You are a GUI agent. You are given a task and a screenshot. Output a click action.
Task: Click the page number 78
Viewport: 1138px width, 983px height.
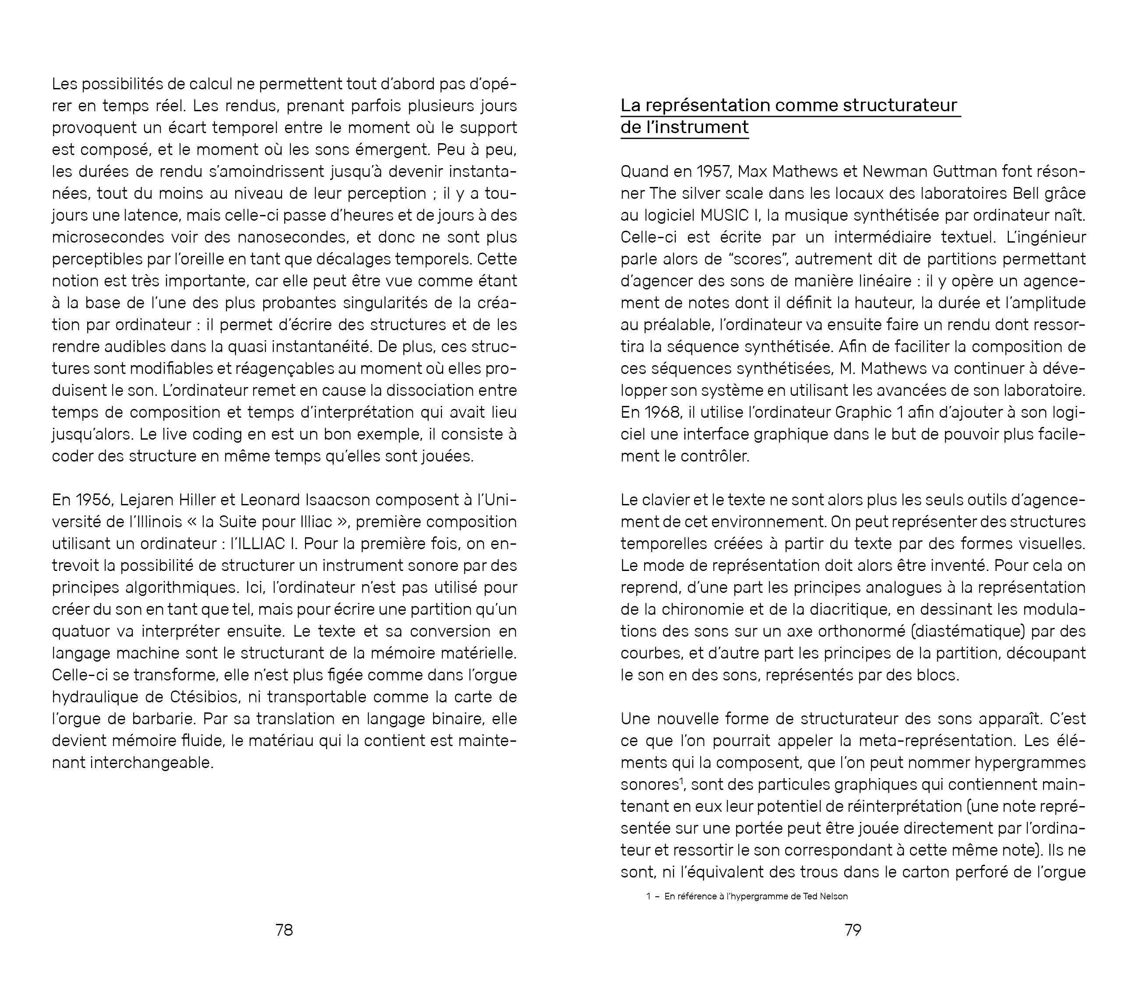pyautogui.click(x=284, y=930)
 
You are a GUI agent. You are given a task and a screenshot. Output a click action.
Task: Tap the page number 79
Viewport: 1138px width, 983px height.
pyautogui.click(x=853, y=930)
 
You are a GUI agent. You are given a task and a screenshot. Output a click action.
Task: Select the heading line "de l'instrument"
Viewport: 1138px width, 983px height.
pyautogui.click(x=684, y=127)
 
